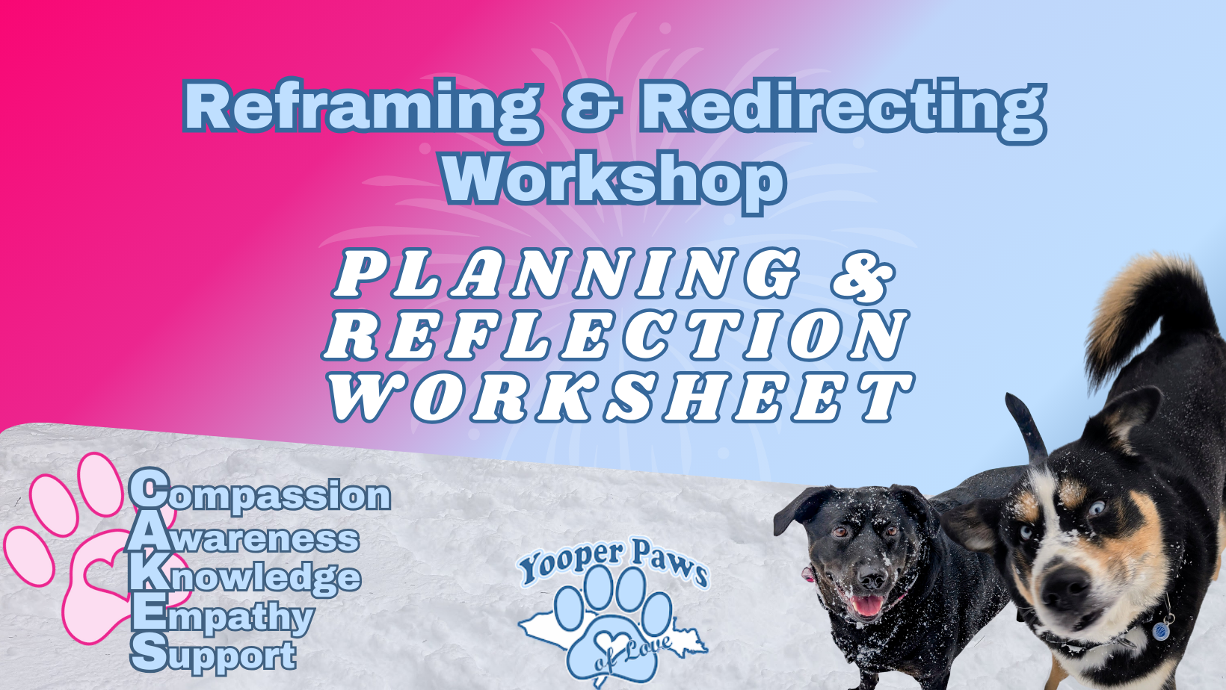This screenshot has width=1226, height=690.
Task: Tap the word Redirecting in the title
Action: (x=843, y=109)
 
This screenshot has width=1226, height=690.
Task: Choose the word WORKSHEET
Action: (x=622, y=397)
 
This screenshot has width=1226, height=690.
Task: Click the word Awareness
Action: (x=243, y=538)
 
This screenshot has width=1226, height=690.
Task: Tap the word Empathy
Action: (x=223, y=615)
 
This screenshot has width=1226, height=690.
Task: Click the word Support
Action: (x=214, y=654)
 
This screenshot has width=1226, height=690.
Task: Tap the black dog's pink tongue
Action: (x=867, y=606)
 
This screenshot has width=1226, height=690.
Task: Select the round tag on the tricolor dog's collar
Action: (x=1160, y=630)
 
